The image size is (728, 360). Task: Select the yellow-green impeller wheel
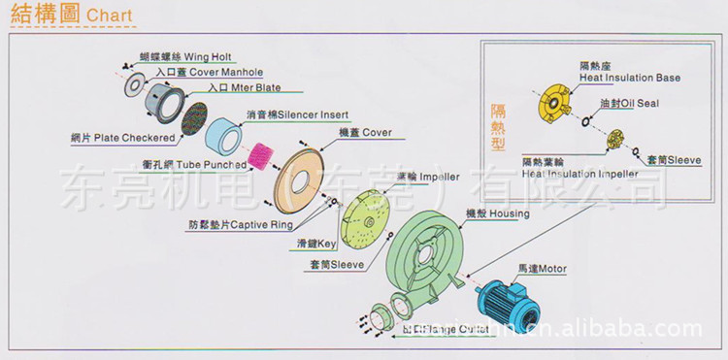coord(369,219)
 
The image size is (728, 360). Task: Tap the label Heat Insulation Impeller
coord(580,174)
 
